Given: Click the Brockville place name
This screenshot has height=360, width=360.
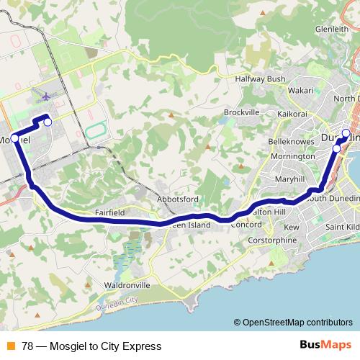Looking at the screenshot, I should point(241,112).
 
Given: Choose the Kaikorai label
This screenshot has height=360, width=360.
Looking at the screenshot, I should point(293,114).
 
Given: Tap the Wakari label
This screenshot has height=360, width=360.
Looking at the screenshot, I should point(301,91).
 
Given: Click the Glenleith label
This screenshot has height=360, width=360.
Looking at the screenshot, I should point(331,30).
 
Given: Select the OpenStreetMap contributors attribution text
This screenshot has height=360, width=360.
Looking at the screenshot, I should point(293,323).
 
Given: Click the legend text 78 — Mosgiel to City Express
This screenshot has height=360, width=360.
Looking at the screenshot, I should point(91,346).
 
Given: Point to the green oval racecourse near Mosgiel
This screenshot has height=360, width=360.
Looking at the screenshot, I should point(94,132).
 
